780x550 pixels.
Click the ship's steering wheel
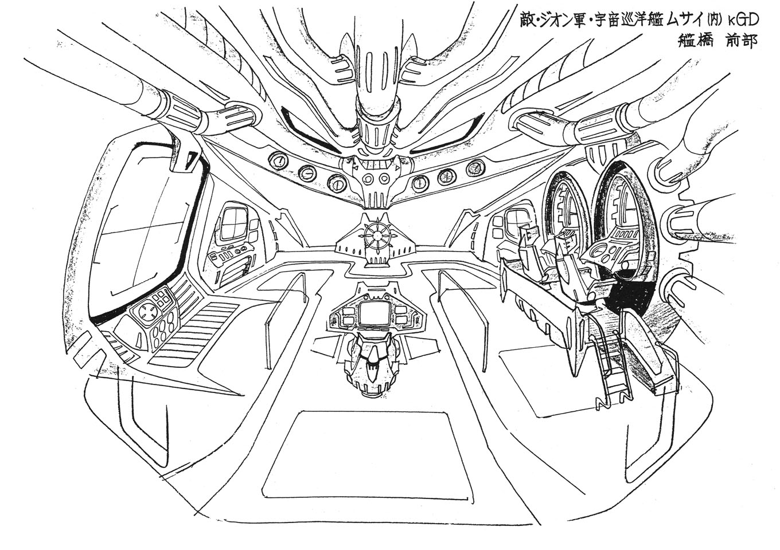[376, 235]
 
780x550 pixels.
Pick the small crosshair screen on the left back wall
[233, 223]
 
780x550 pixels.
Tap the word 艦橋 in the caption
[683, 42]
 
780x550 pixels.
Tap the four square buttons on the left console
[162, 298]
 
